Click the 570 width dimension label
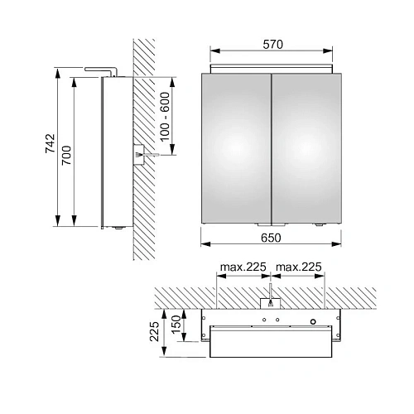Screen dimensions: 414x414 (x=272, y=45)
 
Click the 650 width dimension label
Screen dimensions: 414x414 (x=271, y=238)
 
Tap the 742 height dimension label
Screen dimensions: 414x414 (x=51, y=143)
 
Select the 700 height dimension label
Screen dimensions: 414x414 (x=66, y=156)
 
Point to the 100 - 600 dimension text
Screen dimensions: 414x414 (x=165, y=117)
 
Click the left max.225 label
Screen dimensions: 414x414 (x=243, y=267)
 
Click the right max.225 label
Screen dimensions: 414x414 (x=299, y=267)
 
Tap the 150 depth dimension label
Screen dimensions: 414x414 (x=176, y=325)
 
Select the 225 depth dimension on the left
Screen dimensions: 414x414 (x=154, y=331)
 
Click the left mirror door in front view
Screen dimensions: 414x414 (x=236, y=148)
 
